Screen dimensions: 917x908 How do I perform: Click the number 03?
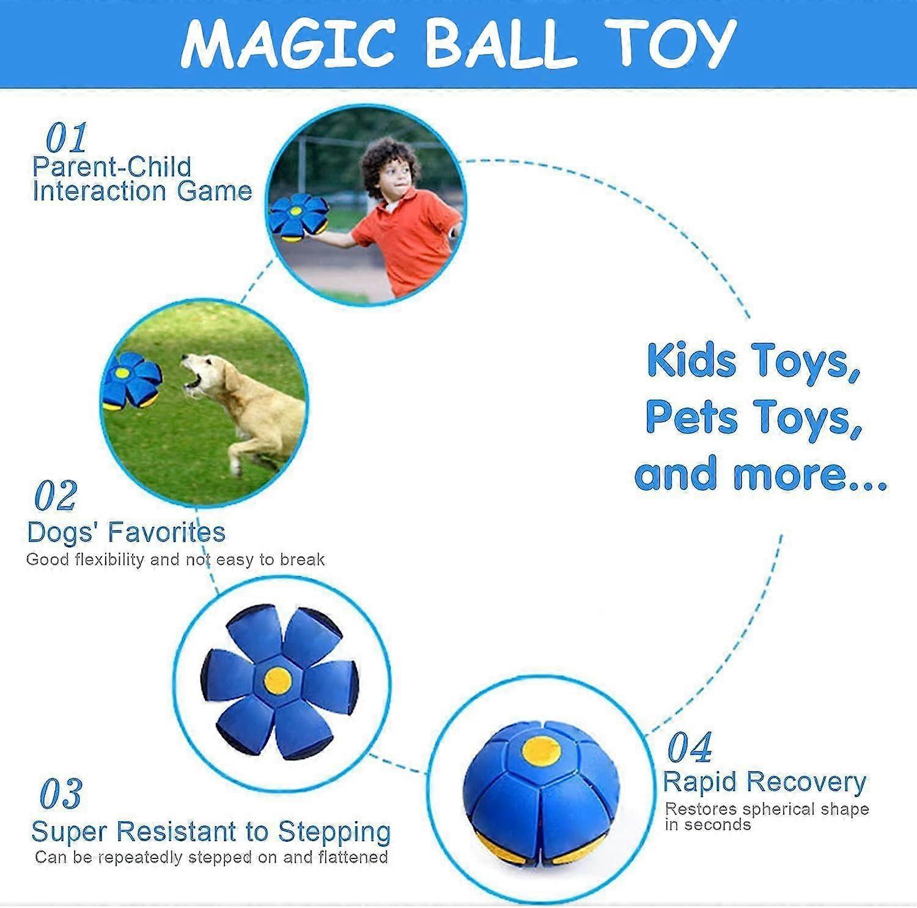[x=61, y=794]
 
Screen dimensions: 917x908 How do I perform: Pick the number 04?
[x=690, y=747]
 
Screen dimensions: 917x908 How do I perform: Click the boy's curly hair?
[x=389, y=164]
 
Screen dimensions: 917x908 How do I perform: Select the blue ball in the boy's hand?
[x=298, y=217]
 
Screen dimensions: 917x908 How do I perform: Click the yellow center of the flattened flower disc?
[x=278, y=680]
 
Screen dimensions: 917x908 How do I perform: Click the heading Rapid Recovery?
[x=765, y=782]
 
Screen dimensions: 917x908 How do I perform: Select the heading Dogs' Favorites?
[x=127, y=532]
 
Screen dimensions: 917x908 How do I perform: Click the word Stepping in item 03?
[x=334, y=833]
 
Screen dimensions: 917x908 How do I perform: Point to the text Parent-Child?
[x=112, y=166]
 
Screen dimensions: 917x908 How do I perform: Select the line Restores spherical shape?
[x=767, y=809]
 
